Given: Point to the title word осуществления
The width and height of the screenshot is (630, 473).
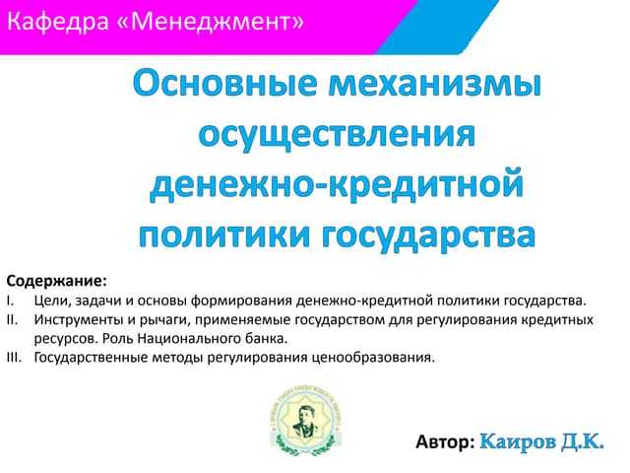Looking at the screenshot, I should point(337,136).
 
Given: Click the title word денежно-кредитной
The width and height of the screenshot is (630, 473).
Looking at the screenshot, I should point(337,185).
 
